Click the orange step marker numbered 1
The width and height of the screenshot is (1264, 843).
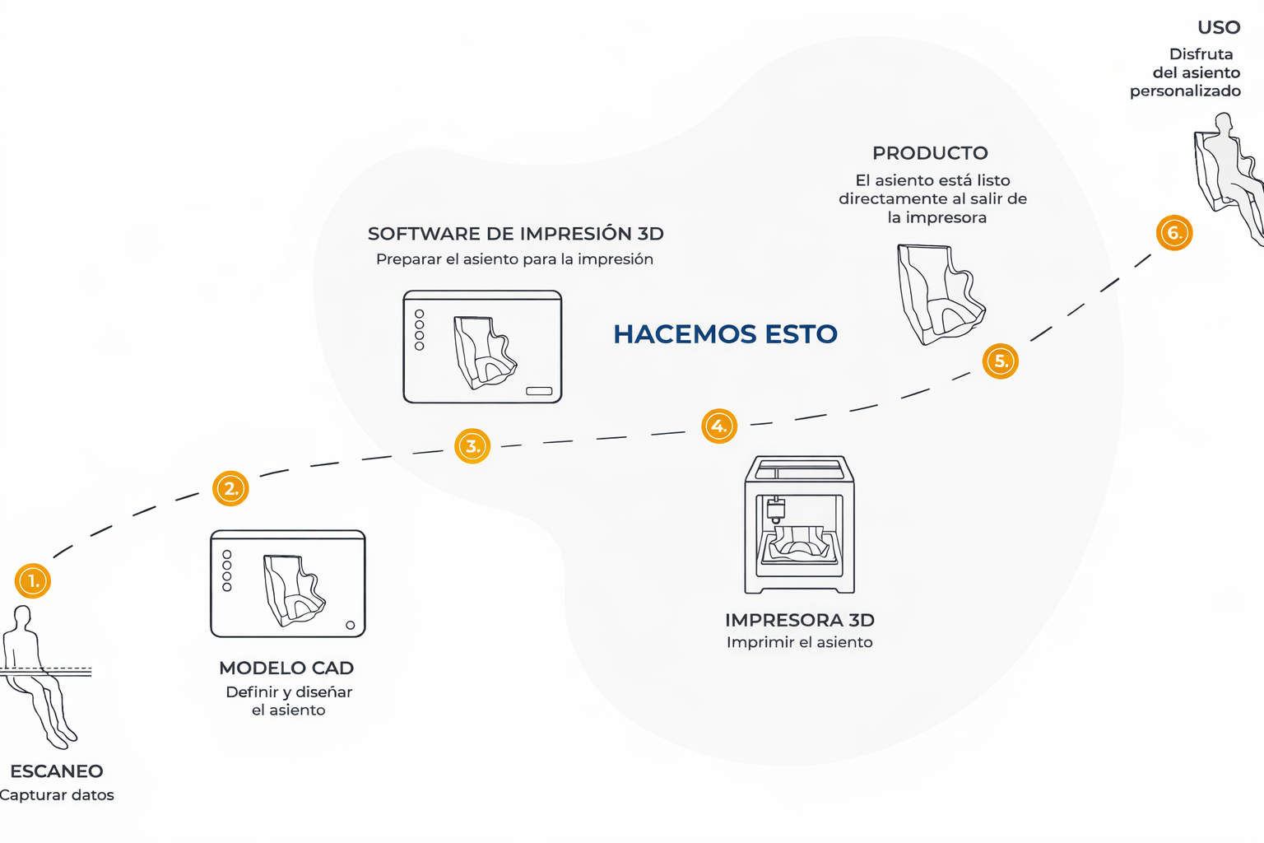point(33,581)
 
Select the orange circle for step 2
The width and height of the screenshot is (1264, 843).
point(230,489)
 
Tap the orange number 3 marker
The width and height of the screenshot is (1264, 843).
point(472,446)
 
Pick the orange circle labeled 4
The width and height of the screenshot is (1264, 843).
point(719,426)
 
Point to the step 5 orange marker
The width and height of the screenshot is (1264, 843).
point(1001,361)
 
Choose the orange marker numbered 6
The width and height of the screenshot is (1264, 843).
point(1174,233)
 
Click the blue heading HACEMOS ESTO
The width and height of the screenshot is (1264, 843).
point(725,334)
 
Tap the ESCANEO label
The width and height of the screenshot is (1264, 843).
point(57,771)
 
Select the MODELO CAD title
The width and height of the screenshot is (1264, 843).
point(286,668)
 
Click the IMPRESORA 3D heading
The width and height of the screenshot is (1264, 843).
point(799,621)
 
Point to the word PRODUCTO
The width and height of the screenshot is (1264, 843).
point(930,153)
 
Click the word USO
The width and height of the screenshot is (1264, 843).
point(1219,28)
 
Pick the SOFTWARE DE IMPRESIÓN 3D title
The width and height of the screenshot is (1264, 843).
point(515,234)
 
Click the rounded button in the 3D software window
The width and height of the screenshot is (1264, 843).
point(539,391)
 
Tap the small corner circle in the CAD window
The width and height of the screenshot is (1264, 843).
point(351,626)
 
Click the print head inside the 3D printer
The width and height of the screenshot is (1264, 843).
point(775,510)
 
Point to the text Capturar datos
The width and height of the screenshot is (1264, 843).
point(57,795)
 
